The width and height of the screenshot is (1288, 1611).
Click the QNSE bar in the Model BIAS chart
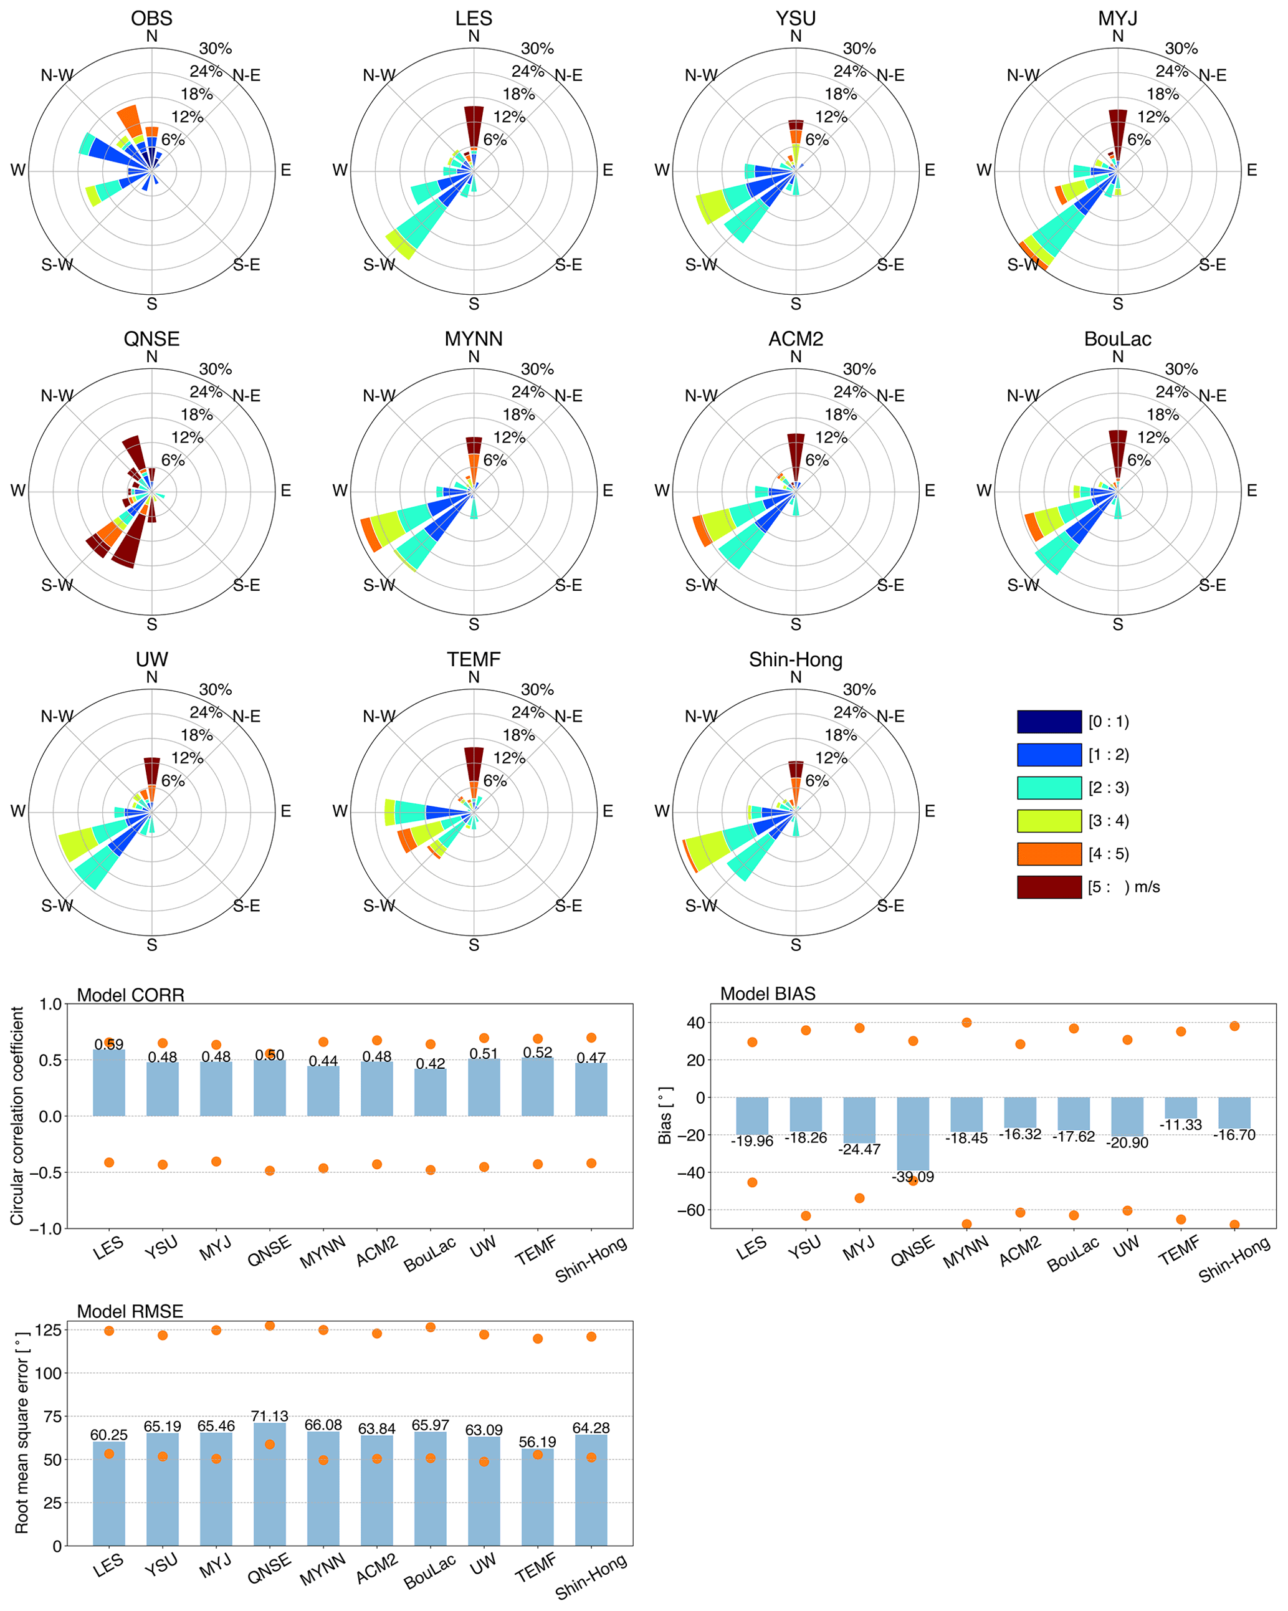912,1133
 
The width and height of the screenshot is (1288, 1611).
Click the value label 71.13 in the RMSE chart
270,1416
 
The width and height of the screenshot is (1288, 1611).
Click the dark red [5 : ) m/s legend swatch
1049,887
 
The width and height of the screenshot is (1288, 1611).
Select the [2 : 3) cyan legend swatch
1049,788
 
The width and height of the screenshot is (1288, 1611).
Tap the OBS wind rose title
151,18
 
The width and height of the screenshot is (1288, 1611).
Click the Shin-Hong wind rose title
796,660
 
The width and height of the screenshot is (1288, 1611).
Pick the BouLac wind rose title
1118,339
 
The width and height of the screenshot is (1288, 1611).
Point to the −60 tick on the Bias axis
690,1210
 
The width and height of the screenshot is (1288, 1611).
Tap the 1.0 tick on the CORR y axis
51,1004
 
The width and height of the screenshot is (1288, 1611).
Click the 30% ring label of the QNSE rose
215,369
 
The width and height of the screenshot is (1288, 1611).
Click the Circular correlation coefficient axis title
16,1116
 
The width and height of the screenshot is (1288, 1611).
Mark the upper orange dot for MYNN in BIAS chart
966,1022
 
